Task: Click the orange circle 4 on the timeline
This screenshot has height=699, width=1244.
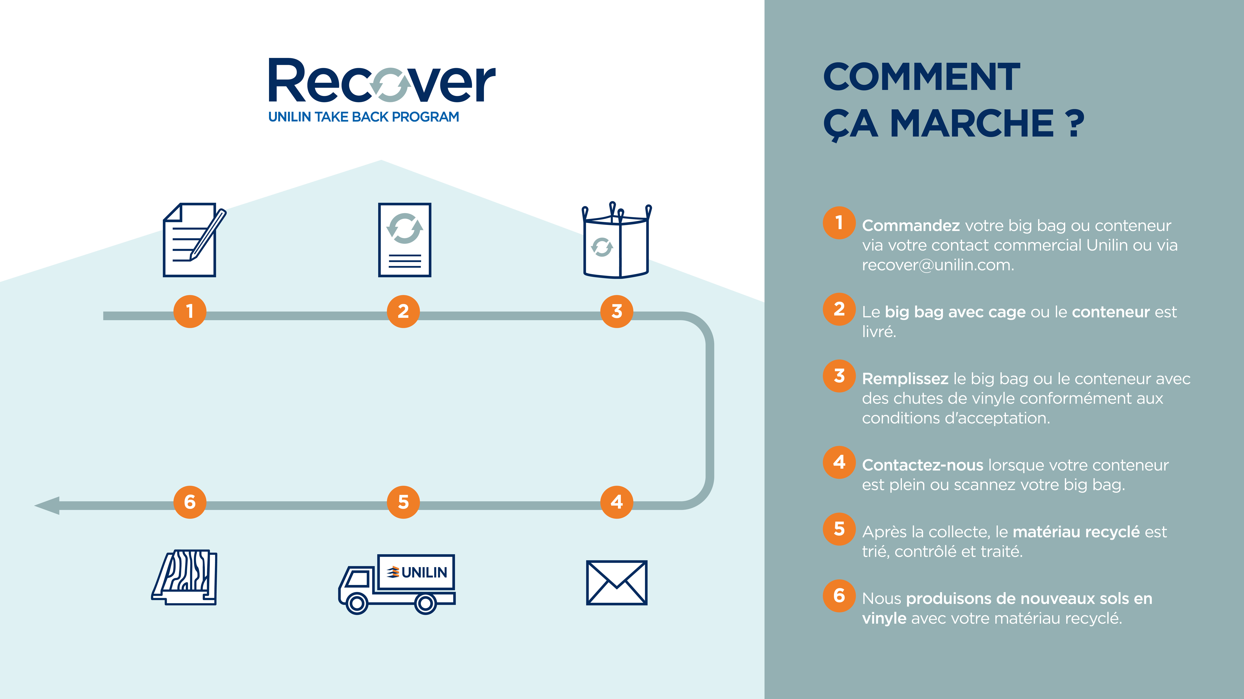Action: click(616, 502)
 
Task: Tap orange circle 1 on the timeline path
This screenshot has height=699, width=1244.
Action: click(190, 311)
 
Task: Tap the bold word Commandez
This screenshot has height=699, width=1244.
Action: click(911, 225)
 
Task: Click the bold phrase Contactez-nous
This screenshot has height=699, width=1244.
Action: click(922, 465)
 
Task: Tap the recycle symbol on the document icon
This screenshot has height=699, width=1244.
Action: click(405, 228)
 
